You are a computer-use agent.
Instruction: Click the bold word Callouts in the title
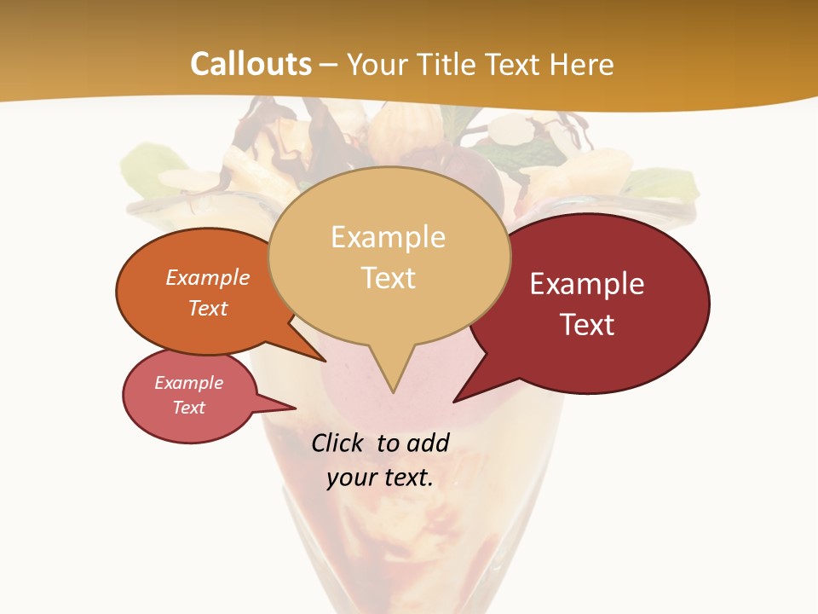point(251,64)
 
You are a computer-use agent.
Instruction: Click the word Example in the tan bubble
point(388,237)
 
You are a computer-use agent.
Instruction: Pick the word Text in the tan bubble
point(389,278)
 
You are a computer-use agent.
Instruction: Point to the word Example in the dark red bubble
point(587,284)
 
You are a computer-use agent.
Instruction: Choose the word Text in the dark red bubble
point(587,325)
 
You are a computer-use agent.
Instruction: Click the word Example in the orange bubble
point(208,278)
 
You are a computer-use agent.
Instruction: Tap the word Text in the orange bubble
point(208,308)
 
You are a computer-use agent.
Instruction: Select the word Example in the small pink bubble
point(189,383)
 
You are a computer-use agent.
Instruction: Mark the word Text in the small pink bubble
point(189,408)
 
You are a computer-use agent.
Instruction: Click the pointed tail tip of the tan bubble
point(393,391)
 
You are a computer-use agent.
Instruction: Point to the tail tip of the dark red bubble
point(454,401)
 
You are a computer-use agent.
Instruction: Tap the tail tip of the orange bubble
point(325,361)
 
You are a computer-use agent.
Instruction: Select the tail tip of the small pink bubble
point(295,408)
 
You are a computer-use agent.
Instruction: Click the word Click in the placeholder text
point(338,443)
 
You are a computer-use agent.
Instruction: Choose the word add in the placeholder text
point(428,443)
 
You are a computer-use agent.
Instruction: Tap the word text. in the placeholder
point(406,478)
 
